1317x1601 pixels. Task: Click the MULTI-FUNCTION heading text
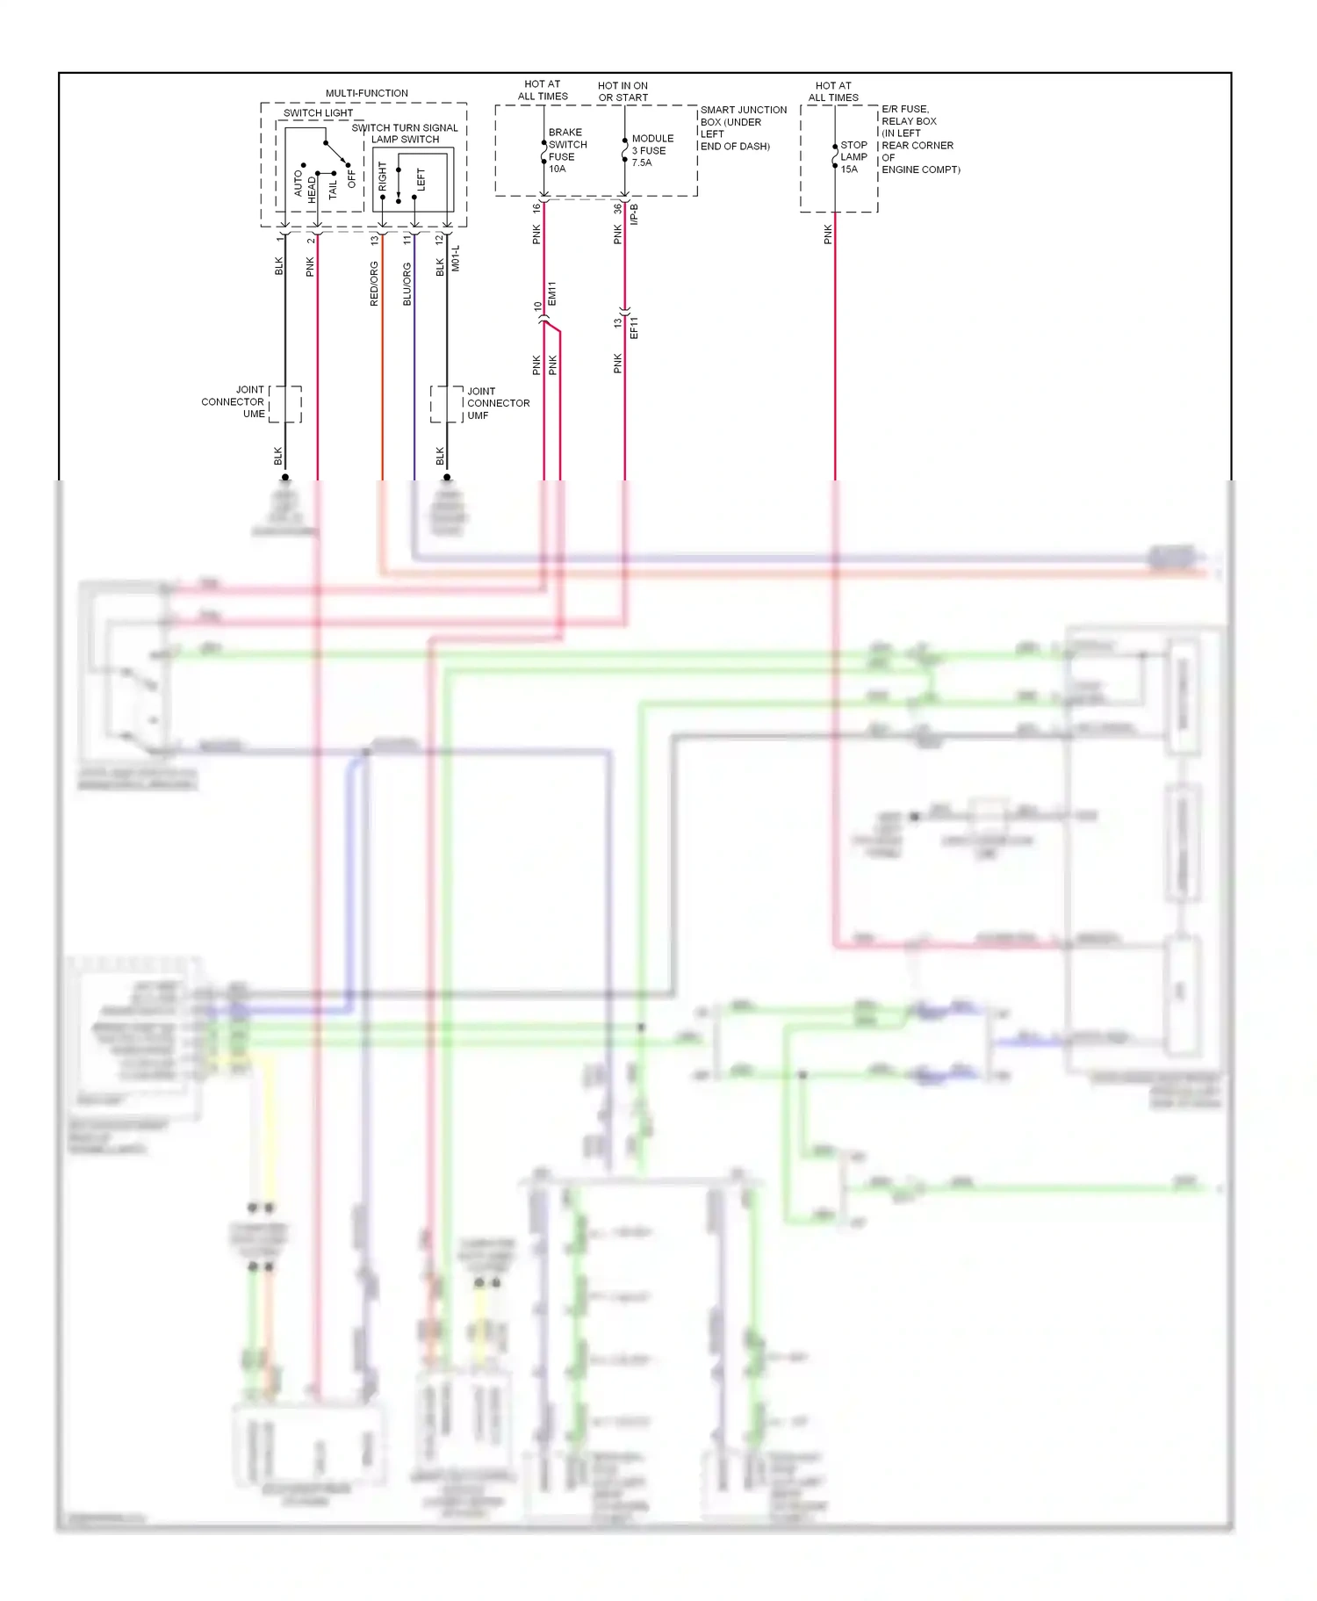click(366, 93)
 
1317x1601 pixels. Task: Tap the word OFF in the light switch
click(352, 178)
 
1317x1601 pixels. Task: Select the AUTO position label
click(298, 183)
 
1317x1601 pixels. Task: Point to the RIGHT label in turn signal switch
click(383, 176)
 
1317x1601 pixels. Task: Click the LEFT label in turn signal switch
click(421, 179)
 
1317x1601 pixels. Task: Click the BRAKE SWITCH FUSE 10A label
click(566, 150)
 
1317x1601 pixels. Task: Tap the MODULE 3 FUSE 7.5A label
click(651, 150)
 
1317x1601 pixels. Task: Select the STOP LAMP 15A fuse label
click(853, 157)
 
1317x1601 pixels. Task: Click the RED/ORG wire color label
click(374, 284)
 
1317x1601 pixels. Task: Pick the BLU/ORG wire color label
click(407, 284)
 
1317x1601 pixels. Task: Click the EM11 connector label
click(552, 293)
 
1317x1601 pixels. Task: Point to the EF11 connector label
click(634, 328)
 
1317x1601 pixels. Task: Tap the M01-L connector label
click(455, 258)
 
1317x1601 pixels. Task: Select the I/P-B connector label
click(634, 213)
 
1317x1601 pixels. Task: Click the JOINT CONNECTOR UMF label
click(497, 403)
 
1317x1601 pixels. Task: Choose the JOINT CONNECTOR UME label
click(234, 401)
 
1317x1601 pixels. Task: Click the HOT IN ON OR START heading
click(623, 91)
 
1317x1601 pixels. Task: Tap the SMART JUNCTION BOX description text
click(742, 128)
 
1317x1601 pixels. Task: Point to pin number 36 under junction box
click(617, 209)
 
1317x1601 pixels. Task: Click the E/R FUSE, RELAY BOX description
click(918, 139)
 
